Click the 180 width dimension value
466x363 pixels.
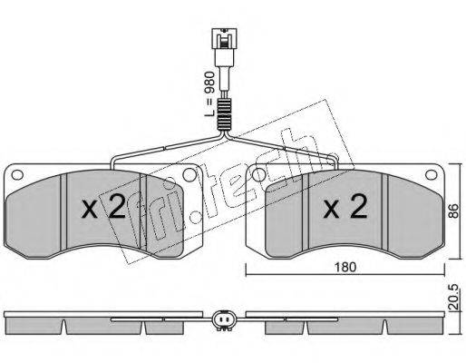[x=345, y=268]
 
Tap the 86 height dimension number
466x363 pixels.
[x=453, y=211]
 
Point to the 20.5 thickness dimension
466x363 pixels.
[x=453, y=297]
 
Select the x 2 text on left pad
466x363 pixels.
[x=103, y=206]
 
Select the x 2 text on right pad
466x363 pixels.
[x=345, y=206]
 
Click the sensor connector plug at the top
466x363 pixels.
[x=224, y=45]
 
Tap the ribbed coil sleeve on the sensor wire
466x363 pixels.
[x=224, y=115]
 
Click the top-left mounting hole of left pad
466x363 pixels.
[x=17, y=175]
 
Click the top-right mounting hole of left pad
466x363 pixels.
[x=189, y=175]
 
